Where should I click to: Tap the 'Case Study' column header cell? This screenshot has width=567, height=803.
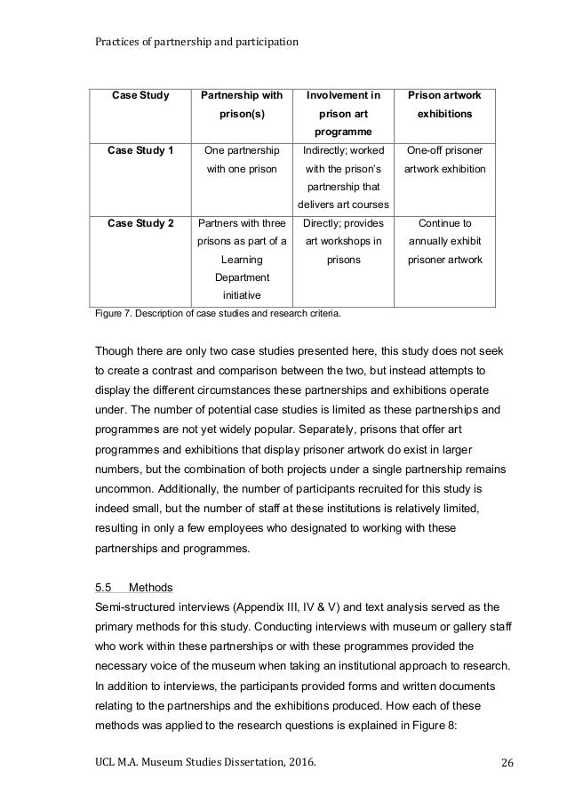[x=139, y=96]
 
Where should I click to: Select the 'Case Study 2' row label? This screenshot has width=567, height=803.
[x=139, y=223]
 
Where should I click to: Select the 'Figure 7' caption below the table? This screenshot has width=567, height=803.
[x=211, y=313]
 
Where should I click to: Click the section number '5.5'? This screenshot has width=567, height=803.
[x=103, y=588]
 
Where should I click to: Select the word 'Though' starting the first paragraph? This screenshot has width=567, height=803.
[x=118, y=349]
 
